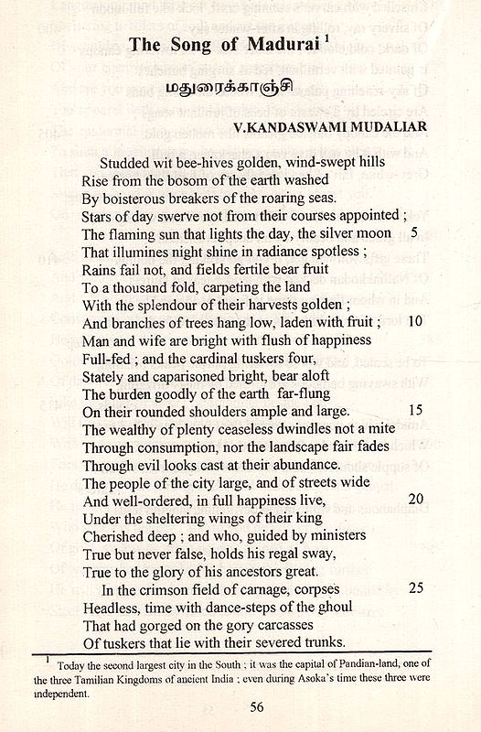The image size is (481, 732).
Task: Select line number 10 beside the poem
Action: pos(414,321)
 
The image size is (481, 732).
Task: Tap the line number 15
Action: pos(414,410)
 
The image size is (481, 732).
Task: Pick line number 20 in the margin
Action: pos(414,500)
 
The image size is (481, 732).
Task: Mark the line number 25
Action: pos(414,588)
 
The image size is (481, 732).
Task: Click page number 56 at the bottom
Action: pos(240,705)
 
